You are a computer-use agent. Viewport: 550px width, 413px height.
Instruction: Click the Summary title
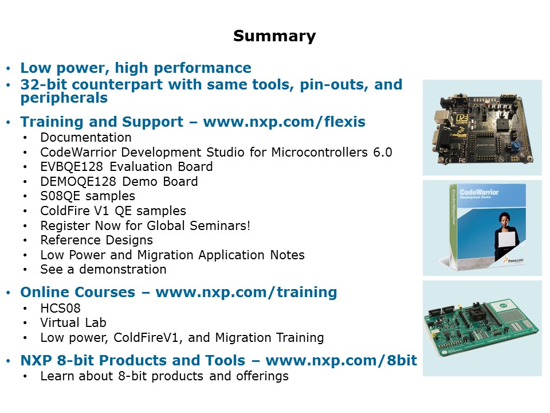(274, 36)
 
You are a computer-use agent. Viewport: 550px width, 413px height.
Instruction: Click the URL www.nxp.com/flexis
(284, 122)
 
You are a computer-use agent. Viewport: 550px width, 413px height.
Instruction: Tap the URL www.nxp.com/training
(246, 292)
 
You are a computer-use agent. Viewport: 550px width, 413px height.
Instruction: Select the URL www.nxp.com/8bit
(341, 360)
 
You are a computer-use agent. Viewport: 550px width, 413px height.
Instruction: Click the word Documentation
(86, 137)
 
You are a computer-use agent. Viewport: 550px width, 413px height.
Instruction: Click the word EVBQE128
(72, 166)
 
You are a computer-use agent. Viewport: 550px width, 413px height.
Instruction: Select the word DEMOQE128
(78, 182)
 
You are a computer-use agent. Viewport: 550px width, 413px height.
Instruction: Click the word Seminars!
(220, 225)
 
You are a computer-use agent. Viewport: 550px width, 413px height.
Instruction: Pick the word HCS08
(60, 309)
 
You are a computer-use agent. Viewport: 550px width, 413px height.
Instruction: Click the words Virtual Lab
(73, 323)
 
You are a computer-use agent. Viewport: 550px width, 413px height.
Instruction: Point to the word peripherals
(64, 98)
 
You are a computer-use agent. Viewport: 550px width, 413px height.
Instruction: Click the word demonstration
(123, 270)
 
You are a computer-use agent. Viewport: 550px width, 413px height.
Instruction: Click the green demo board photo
(482, 328)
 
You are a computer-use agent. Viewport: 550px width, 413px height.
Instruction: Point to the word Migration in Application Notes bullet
(165, 255)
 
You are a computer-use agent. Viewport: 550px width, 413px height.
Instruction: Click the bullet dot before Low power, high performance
(9, 68)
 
